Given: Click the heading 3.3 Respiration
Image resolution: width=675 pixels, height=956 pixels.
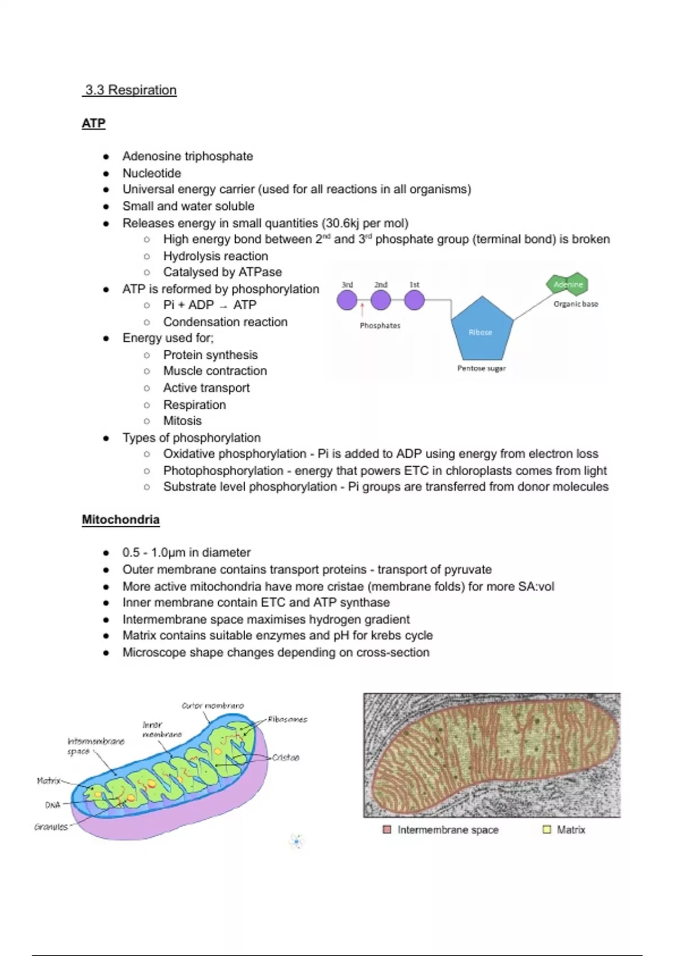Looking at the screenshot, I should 130,90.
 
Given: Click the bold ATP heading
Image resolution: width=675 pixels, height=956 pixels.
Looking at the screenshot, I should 93,123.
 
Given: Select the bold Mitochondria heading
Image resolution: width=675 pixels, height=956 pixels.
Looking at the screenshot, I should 120,519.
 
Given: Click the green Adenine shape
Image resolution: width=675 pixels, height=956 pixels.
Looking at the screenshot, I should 568,284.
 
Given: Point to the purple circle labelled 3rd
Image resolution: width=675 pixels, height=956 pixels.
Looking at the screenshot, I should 347,300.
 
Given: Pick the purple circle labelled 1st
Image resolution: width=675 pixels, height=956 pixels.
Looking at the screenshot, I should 415,300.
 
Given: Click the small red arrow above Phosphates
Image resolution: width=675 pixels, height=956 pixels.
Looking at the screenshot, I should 362,309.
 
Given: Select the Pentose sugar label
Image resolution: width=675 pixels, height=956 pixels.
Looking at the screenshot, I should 481,368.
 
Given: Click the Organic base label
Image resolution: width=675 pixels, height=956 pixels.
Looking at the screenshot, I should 575,304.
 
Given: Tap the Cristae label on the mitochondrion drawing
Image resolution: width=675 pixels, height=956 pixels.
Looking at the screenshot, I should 286,757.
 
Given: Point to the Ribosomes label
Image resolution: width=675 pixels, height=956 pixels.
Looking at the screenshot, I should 287,719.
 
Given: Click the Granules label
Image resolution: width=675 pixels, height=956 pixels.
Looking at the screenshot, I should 51,827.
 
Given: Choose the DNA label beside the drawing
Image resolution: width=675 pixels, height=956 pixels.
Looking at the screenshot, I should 52,805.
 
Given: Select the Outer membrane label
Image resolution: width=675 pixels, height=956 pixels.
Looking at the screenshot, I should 213,706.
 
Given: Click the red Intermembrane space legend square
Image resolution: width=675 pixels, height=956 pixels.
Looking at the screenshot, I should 387,829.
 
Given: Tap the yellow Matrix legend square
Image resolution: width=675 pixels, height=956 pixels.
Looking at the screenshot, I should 546,829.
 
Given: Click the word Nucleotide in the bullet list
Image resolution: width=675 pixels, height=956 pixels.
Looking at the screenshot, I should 152,173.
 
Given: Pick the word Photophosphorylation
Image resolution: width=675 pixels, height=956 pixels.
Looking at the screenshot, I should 223,471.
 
